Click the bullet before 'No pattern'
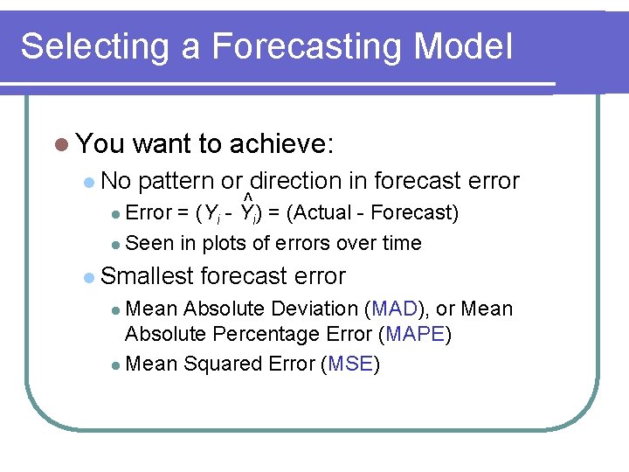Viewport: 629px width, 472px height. [89, 182]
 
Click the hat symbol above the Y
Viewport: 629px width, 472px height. [248, 197]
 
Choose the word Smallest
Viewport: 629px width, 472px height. [147, 276]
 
